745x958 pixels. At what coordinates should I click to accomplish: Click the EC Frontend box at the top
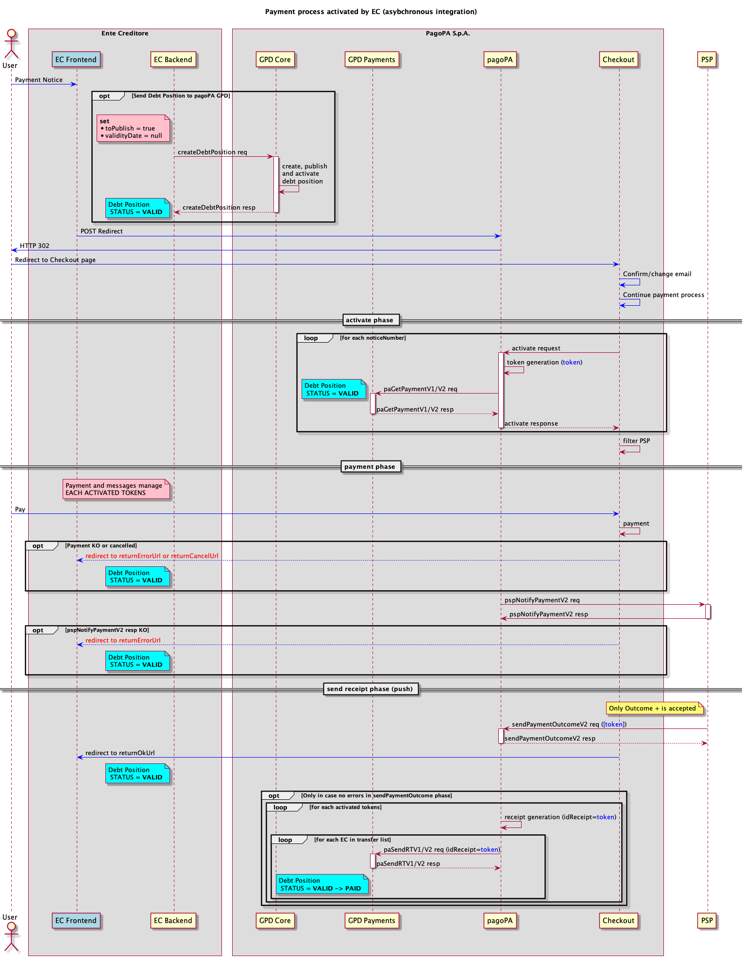[x=76, y=60]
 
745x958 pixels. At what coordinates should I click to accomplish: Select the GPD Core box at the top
[x=275, y=60]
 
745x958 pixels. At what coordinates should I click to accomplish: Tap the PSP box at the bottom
[x=707, y=920]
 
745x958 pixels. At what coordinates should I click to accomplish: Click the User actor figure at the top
[x=10, y=44]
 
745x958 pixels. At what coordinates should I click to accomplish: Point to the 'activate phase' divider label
[x=370, y=320]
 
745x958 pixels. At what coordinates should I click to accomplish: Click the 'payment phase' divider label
[x=370, y=467]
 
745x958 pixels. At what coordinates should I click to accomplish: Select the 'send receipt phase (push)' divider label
[x=370, y=689]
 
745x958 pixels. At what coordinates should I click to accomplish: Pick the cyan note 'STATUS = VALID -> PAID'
[x=321, y=885]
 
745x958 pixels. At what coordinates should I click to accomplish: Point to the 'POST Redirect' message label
[x=102, y=231]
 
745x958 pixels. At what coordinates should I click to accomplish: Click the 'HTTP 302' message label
[x=34, y=246]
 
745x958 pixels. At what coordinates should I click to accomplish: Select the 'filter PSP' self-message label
[x=636, y=441]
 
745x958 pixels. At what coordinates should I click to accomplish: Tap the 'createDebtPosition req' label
[x=212, y=152]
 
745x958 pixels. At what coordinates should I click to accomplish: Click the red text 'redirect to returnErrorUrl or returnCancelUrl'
[x=152, y=556]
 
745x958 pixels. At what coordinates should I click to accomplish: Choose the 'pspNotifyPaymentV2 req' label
[x=542, y=600]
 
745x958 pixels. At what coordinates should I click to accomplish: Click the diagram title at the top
[x=371, y=12]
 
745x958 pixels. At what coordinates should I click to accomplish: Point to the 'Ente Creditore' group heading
[x=125, y=33]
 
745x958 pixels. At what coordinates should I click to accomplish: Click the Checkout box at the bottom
[x=618, y=920]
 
